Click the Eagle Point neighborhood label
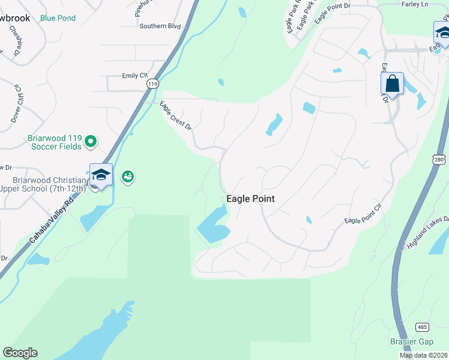coord(250,199)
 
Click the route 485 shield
coord(422,326)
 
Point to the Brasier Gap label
coord(411,342)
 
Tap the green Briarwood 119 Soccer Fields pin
coord(91,142)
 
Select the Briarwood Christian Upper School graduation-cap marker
coord(101,175)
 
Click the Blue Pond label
coord(58,18)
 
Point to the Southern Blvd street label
coord(160,26)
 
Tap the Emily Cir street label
coord(134,76)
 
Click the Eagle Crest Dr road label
coord(175,116)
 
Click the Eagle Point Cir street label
coord(363,214)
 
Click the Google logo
coord(20,353)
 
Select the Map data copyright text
coord(424,355)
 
